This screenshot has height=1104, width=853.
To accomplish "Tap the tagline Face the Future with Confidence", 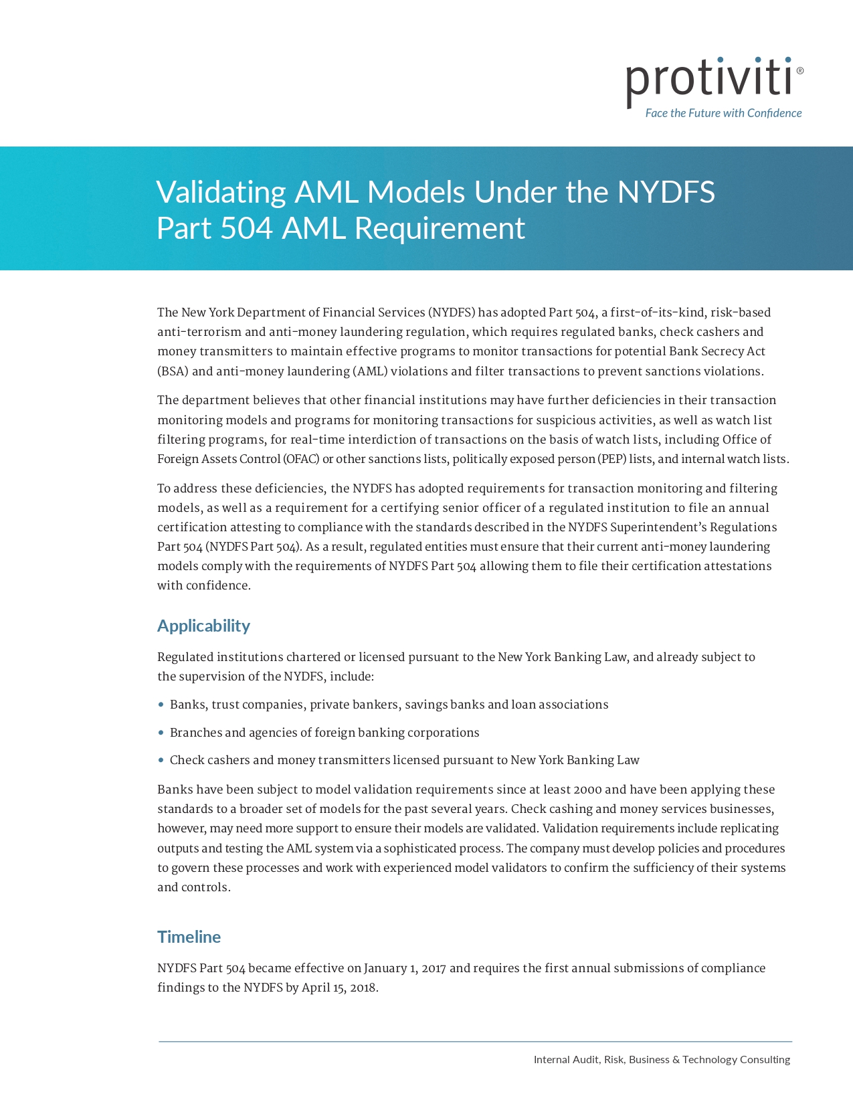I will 723,113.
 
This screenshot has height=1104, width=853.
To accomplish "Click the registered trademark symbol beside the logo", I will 800,70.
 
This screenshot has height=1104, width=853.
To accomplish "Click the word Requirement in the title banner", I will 440,228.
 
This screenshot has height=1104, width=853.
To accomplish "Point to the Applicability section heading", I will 203,626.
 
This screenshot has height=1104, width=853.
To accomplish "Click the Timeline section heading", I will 189,937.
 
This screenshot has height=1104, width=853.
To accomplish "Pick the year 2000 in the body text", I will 587,790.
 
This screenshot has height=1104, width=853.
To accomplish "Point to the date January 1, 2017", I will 405,968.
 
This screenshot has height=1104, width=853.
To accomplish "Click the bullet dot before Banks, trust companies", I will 161,705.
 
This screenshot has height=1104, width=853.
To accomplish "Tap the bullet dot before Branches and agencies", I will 161,733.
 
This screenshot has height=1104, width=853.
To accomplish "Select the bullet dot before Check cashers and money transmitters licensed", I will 161,760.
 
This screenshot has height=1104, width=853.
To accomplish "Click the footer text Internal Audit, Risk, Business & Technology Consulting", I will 662,1060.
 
